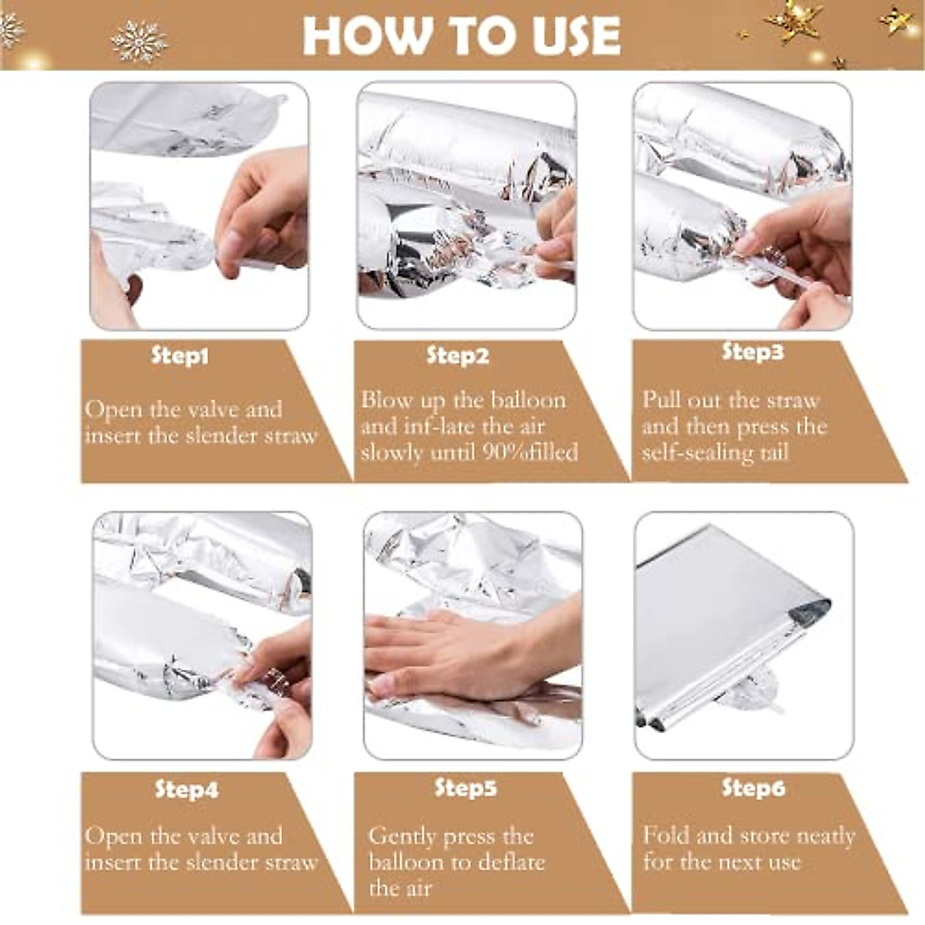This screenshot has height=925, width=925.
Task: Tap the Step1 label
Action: click(180, 356)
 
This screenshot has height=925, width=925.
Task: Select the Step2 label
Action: click(457, 356)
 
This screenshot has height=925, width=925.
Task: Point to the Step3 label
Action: click(752, 351)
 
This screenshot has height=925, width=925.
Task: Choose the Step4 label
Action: click(187, 789)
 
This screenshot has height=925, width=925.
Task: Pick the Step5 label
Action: click(465, 788)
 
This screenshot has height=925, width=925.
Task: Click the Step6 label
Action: click(753, 788)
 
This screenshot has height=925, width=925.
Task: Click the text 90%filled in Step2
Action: click(530, 452)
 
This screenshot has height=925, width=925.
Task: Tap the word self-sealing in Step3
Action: click(698, 452)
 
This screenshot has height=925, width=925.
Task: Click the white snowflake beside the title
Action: click(139, 42)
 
